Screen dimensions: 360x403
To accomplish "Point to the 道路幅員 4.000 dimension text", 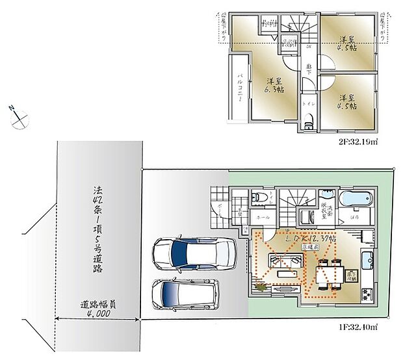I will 96,309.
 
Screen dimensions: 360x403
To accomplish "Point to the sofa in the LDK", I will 285,262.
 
